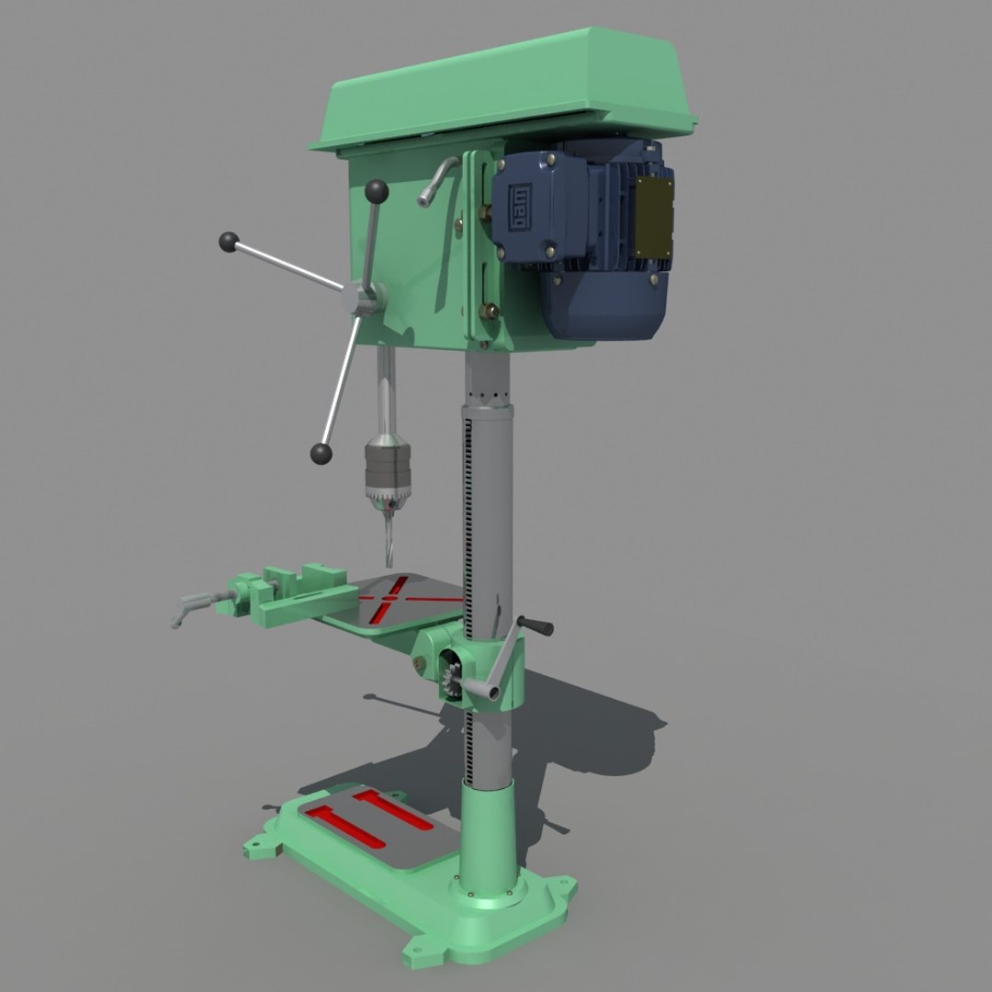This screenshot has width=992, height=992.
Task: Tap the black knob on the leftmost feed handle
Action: pyautogui.click(x=229, y=242)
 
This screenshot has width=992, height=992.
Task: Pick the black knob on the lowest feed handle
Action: pyautogui.click(x=321, y=453)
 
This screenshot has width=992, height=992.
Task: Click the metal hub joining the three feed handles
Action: pyautogui.click(x=361, y=299)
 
